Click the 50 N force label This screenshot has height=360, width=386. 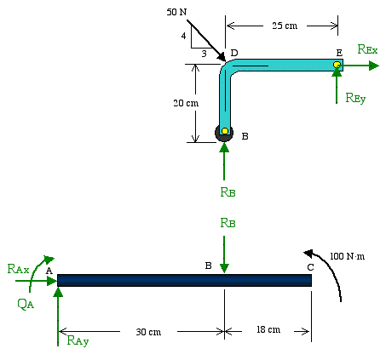tap(176, 12)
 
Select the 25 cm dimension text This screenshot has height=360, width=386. tap(285, 26)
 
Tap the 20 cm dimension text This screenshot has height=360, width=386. tap(186, 103)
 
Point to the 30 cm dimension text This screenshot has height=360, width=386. tap(148, 332)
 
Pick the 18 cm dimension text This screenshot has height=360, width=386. tap(268, 329)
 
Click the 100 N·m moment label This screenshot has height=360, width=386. tap(347, 256)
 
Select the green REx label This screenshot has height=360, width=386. tap(367, 49)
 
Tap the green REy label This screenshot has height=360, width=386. tap(355, 98)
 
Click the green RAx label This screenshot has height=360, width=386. tap(18, 269)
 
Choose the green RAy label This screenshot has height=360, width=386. tap(78, 340)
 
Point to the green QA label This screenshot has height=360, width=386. tap(26, 304)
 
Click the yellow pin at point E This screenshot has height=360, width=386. tap(337, 65)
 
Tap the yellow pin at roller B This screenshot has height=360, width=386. tap(225, 131)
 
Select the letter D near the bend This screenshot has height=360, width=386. tap(234, 53)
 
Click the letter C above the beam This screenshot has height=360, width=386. tap(310, 267)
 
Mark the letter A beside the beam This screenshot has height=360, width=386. tap(49, 271)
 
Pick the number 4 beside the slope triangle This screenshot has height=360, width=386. tap(183, 36)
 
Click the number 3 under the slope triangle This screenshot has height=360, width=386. tap(204, 54)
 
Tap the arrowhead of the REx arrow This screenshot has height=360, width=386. tap(374, 66)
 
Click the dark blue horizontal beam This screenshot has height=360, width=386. tap(184, 280)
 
